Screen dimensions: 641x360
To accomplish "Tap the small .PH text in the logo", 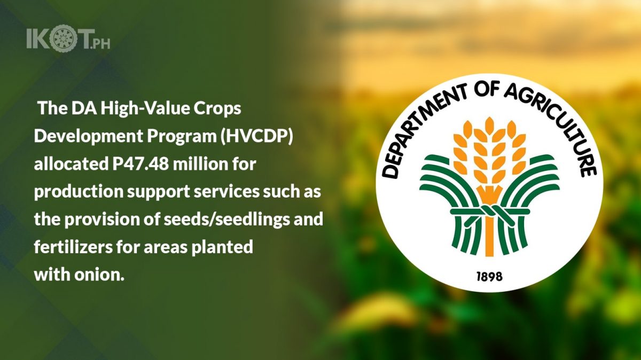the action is tap(100, 45).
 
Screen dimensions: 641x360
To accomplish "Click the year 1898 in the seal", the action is tap(489, 277).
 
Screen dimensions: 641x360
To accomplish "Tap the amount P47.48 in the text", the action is tap(140, 165).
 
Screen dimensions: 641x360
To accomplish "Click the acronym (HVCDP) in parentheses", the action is tap(257, 137).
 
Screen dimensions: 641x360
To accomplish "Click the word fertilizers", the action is tap(73, 247).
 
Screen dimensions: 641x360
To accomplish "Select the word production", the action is tap(79, 192).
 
